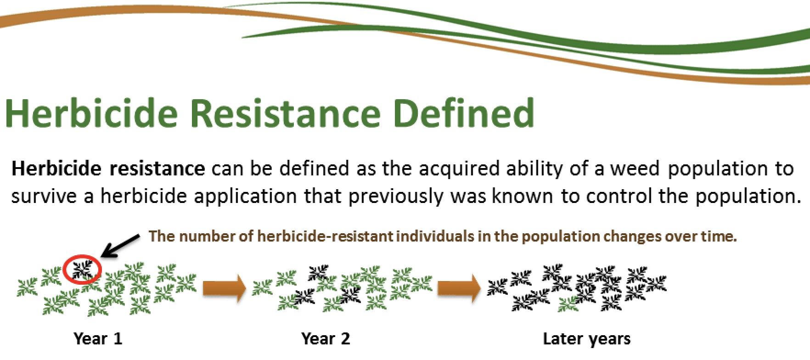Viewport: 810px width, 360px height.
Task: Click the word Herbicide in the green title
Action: pyautogui.click(x=91, y=113)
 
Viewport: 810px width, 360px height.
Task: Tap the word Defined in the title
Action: pyautogui.click(x=464, y=113)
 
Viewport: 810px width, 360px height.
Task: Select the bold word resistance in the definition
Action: pyautogui.click(x=157, y=169)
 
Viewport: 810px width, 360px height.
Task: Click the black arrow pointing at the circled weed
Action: pyautogui.click(x=120, y=245)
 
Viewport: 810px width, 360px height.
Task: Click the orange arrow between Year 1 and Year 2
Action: pyautogui.click(x=225, y=288)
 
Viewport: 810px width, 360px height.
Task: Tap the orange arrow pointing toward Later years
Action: pyautogui.click(x=459, y=288)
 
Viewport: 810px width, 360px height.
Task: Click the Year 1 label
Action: pyautogui.click(x=98, y=339)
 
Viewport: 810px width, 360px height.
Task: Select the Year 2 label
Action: pyautogui.click(x=326, y=339)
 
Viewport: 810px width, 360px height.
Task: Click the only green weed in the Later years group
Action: pyautogui.click(x=568, y=303)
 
